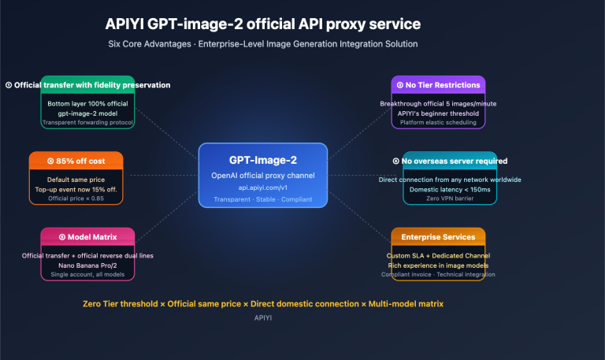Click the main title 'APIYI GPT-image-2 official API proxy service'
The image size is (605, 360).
(x=262, y=25)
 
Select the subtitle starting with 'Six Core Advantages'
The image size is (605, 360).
(x=262, y=44)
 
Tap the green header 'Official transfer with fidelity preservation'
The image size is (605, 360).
(x=87, y=84)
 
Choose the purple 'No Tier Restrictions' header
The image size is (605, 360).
(x=438, y=84)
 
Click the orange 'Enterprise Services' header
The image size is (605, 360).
(x=438, y=236)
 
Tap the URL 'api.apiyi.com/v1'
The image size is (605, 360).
(x=262, y=187)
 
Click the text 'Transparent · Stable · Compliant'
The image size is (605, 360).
(x=262, y=199)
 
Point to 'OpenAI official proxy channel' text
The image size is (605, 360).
(x=262, y=174)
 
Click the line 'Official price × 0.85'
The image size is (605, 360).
(x=76, y=198)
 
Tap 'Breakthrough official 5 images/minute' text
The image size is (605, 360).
(x=438, y=103)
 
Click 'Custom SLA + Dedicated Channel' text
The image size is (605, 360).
(x=438, y=255)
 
